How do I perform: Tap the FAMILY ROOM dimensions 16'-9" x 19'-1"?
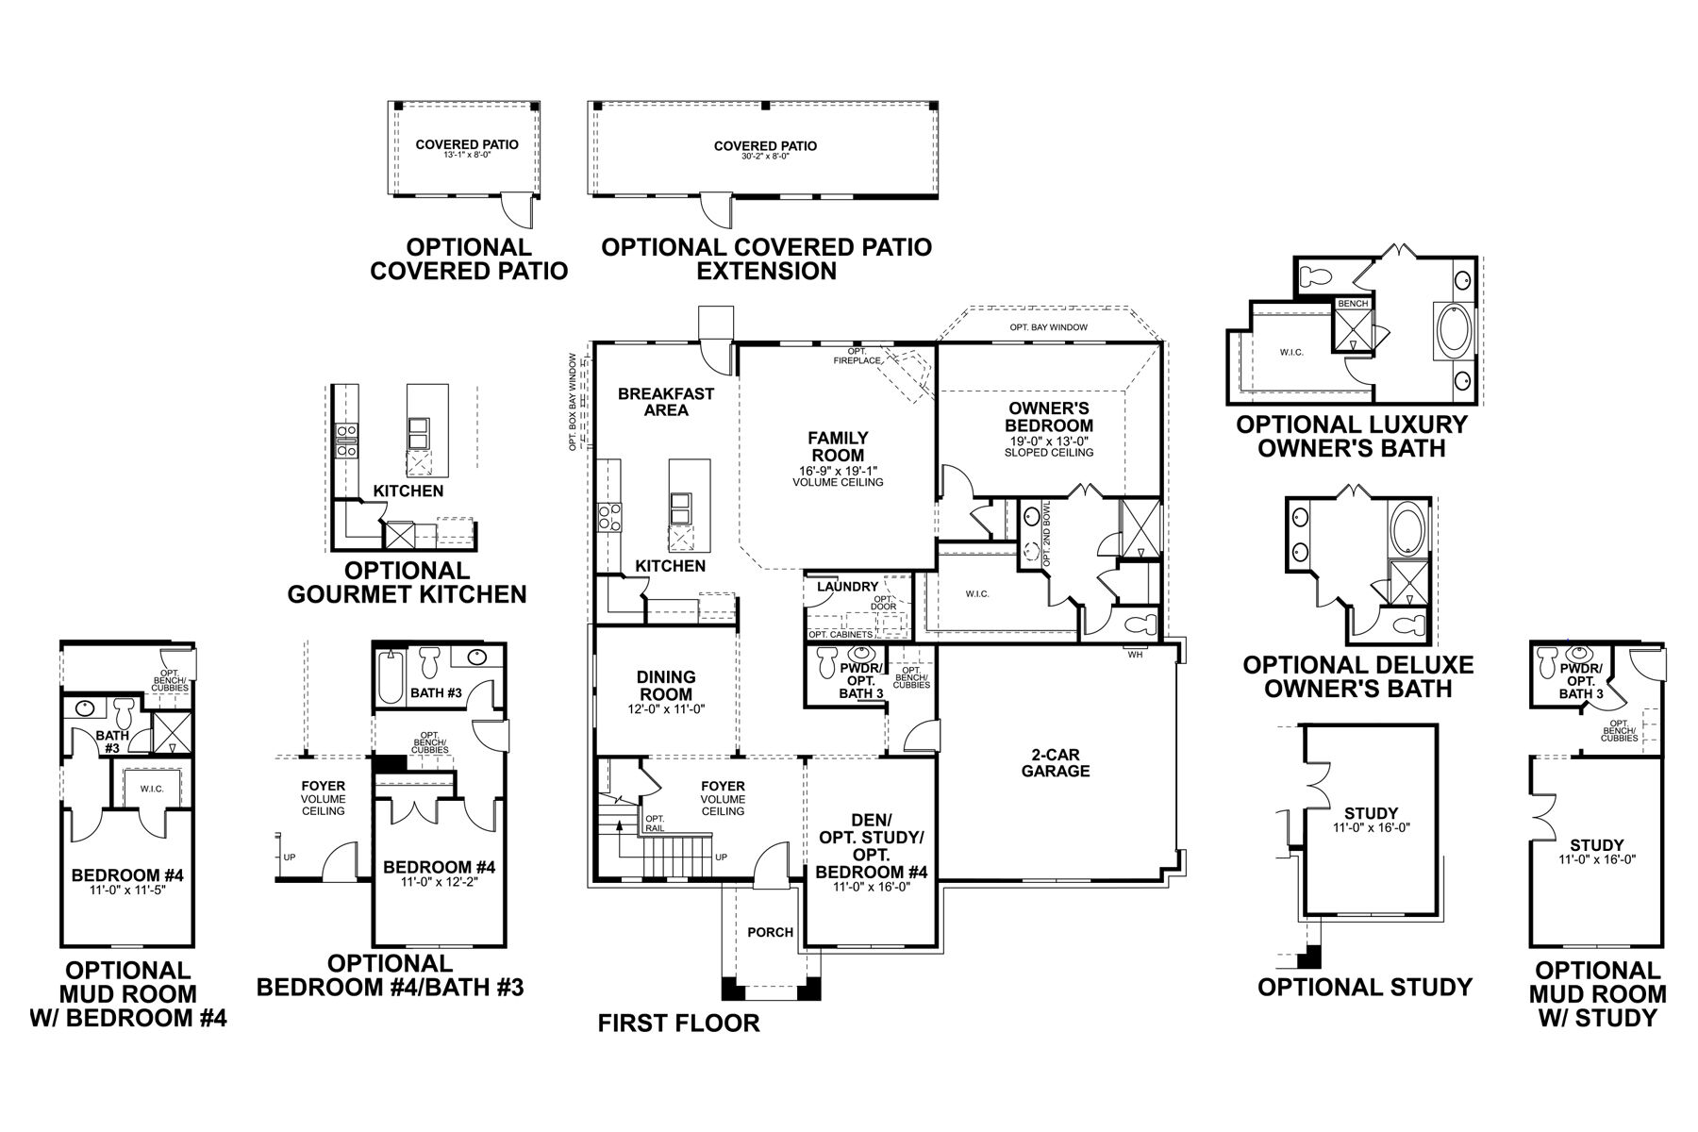click(x=837, y=471)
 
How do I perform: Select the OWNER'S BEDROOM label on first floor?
click(x=1049, y=417)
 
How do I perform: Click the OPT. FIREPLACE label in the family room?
click(x=857, y=356)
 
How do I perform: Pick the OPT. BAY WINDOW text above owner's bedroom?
click(x=1048, y=327)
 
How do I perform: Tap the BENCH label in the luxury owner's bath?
click(x=1352, y=304)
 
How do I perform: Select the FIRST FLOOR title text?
click(x=678, y=1023)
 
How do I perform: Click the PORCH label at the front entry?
click(x=770, y=932)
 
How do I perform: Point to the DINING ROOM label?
click(x=666, y=686)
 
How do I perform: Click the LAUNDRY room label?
click(x=847, y=587)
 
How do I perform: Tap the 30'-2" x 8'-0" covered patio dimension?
click(x=765, y=157)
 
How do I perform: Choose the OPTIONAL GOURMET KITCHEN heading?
click(x=407, y=582)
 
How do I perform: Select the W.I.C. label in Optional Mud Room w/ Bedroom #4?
click(x=152, y=789)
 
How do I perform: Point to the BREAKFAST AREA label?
click(x=666, y=402)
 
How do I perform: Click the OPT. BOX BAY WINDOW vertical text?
click(x=573, y=402)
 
